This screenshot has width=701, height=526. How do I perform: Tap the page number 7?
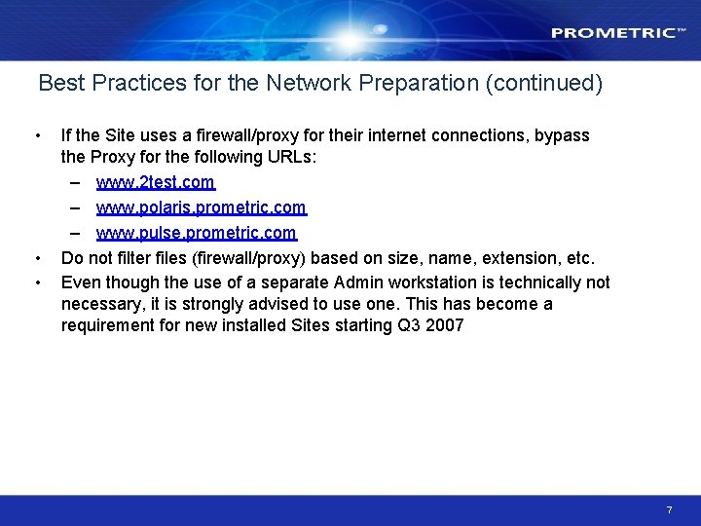[670, 509]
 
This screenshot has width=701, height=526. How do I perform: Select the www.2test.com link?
[155, 182]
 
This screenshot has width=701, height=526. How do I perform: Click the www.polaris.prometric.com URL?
[201, 207]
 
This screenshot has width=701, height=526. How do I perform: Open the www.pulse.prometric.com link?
[196, 233]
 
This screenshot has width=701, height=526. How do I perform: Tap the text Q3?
[409, 325]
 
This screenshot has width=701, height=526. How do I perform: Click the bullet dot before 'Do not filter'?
[36, 258]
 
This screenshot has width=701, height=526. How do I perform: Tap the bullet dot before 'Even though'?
[36, 282]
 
